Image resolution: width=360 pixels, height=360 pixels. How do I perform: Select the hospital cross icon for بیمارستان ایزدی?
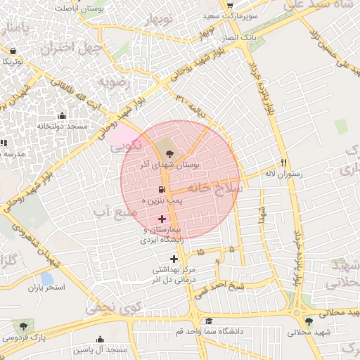(x=162, y=219)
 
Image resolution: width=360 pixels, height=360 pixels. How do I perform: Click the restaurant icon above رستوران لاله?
(x=284, y=161)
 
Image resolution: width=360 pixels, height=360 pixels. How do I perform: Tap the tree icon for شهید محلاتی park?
(x=309, y=321)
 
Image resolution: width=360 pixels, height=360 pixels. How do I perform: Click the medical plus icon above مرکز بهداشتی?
(x=174, y=260)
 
